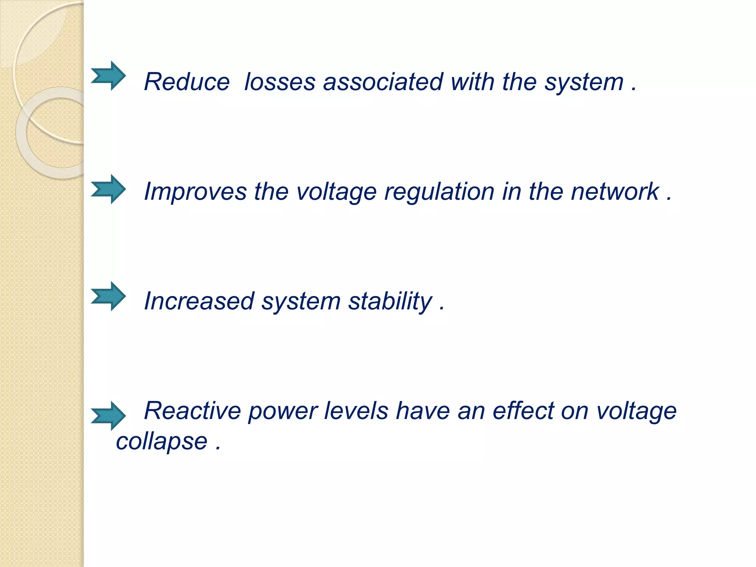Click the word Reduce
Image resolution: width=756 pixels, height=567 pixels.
tap(187, 82)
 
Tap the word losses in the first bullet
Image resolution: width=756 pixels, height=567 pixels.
tap(280, 82)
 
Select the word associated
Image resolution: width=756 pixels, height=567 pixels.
tap(383, 82)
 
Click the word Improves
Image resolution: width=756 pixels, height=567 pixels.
tap(195, 192)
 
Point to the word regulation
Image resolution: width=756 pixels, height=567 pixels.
tap(439, 192)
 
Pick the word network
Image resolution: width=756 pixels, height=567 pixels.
tap(615, 192)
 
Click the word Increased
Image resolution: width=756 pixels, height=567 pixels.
tap(199, 301)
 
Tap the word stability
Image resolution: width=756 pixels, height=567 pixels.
tap(390, 301)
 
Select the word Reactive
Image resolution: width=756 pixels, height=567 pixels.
tap(192, 410)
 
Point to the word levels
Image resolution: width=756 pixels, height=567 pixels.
tap(356, 410)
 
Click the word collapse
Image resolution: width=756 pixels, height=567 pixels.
tap(162, 441)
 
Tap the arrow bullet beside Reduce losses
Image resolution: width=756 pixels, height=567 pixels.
tap(108, 76)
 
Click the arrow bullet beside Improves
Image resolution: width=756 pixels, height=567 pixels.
tap(108, 189)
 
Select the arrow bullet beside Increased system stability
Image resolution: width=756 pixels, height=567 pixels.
tap(108, 296)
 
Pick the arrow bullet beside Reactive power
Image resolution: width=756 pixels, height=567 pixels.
tap(108, 416)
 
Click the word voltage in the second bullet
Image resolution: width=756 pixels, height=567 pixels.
tap(336, 192)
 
